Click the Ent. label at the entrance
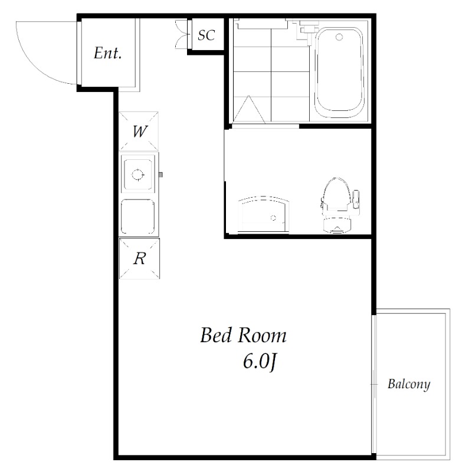108,53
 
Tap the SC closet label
206,35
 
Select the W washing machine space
139,131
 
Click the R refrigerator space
139,258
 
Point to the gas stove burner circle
138,175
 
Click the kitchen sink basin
138,217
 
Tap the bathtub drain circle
339,37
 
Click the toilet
337,205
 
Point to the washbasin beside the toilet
263,214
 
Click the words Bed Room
243,335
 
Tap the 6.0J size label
260,361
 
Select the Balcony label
409,385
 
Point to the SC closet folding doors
182,34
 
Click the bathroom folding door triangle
249,110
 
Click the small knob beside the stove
160,175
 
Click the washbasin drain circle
273,218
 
